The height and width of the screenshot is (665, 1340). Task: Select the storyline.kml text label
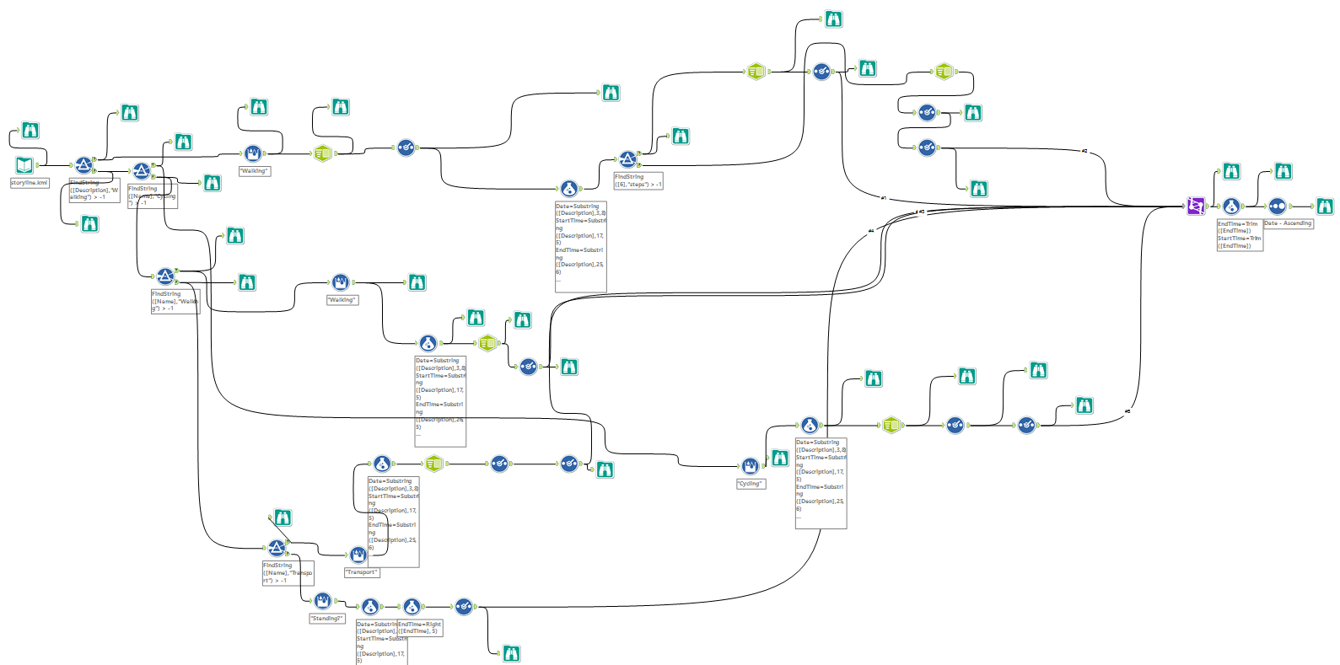[x=30, y=183]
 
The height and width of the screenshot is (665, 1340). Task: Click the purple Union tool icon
[x=1196, y=206]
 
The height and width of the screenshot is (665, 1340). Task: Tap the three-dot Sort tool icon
[x=1278, y=206]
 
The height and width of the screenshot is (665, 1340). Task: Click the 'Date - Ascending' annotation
[x=1288, y=223]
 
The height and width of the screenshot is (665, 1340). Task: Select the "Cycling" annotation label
[x=751, y=484]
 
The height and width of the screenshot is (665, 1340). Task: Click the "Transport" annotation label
[x=362, y=572]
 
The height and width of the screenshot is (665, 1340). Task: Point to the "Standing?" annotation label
[x=326, y=619]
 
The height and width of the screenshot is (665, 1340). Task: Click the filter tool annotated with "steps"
[x=627, y=159]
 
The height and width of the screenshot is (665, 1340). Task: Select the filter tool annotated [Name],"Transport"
[x=277, y=549]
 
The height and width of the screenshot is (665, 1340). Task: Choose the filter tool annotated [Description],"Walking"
[x=83, y=165]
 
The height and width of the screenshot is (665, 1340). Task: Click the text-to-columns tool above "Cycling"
[x=750, y=466]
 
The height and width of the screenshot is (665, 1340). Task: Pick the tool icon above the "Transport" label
[x=358, y=555]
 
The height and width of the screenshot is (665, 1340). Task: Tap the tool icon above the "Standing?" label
[x=322, y=601]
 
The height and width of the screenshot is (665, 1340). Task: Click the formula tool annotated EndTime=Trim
[x=1231, y=206]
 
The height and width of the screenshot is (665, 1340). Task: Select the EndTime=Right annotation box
[x=419, y=628]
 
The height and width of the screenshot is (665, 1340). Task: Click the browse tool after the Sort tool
[x=1325, y=206]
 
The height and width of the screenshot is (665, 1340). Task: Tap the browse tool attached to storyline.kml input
[x=30, y=131]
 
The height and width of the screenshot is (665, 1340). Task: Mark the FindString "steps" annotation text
[x=638, y=180]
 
